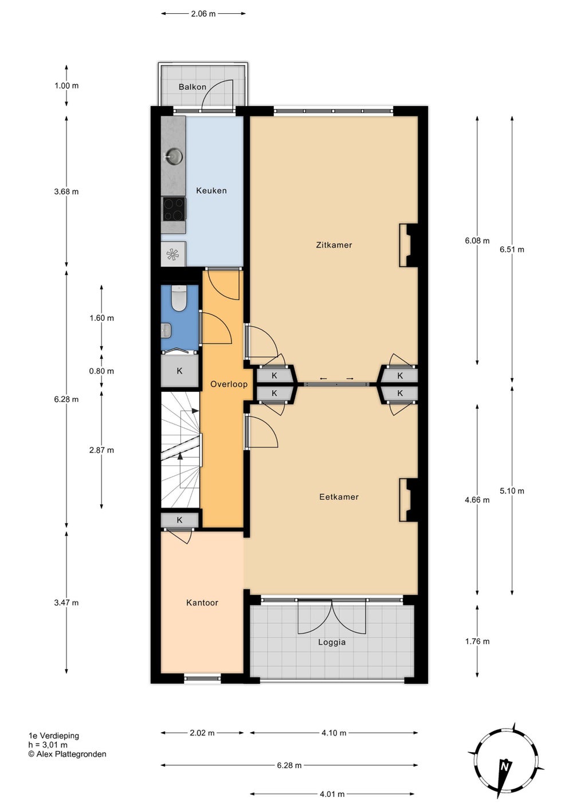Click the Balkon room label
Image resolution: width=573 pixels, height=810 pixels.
[192, 87]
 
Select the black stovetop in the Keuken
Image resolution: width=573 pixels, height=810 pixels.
[174, 209]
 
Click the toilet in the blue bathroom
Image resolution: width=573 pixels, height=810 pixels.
[179, 298]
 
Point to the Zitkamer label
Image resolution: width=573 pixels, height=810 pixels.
[334, 245]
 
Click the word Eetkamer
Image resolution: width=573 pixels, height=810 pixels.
[339, 497]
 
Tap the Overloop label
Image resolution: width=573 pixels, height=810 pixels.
[229, 384]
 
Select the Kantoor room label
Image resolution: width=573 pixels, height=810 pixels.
[202, 603]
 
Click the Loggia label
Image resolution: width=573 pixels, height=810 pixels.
[332, 642]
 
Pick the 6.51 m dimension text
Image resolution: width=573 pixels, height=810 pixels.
[512, 249]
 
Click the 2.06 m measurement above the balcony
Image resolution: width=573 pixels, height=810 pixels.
[203, 14]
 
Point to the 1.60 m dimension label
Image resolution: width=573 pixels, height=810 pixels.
[101, 318]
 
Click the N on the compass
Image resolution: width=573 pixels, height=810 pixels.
[505, 766]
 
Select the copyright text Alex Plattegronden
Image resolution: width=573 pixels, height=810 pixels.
[68, 754]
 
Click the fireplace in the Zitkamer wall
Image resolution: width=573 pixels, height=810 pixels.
[409, 246]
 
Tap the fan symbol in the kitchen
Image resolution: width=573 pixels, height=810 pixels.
[172, 254]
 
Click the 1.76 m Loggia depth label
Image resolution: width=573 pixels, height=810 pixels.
[477, 641]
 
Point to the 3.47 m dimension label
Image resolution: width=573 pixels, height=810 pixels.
[66, 603]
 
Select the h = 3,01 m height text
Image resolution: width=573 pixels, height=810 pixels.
[48, 745]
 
